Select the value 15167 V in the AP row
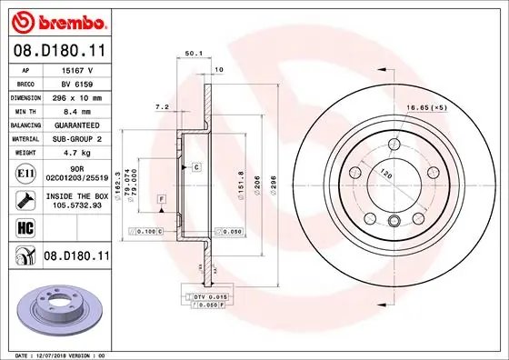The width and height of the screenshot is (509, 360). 86,69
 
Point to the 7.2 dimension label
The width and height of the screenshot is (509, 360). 164,106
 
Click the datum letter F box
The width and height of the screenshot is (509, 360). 162,198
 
